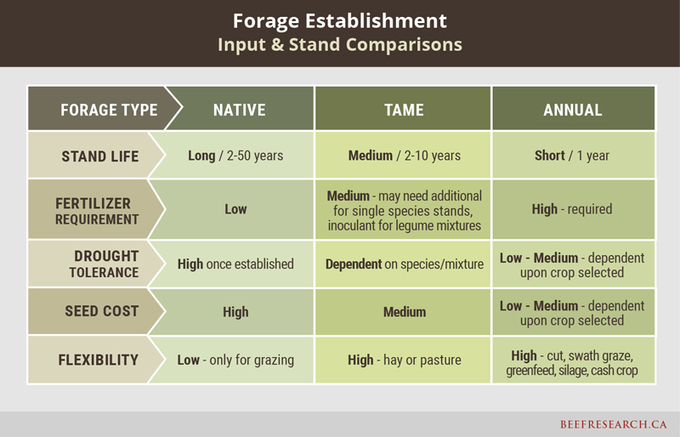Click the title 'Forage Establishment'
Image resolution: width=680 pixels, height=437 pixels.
click(339, 21)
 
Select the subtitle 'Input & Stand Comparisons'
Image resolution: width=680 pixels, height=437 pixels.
click(339, 45)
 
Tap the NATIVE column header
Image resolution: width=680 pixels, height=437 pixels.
click(240, 110)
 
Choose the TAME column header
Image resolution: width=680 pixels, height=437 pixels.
click(404, 110)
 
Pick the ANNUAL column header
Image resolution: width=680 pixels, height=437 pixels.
click(572, 110)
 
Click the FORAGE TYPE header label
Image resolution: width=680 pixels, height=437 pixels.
click(109, 110)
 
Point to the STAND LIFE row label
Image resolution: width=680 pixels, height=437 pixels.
click(100, 156)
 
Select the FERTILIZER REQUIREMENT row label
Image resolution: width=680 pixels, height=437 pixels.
click(97, 212)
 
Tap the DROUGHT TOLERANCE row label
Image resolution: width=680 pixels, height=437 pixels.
click(104, 264)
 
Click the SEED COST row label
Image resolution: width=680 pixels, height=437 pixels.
click(101, 311)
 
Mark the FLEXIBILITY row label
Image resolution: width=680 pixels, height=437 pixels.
click(99, 360)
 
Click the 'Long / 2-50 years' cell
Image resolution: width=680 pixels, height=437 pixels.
click(235, 156)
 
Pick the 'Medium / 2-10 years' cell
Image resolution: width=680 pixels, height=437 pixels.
click(405, 156)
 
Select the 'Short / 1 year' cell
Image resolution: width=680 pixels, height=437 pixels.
click(571, 156)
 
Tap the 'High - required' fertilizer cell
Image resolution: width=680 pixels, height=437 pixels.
click(572, 209)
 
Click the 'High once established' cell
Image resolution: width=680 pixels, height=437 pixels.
click(235, 264)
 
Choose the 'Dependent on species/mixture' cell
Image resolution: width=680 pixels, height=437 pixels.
click(405, 264)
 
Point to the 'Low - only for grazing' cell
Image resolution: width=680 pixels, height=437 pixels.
click(235, 360)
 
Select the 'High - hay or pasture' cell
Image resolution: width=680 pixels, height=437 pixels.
click(405, 360)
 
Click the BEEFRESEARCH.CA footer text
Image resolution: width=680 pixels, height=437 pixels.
click(613, 424)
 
